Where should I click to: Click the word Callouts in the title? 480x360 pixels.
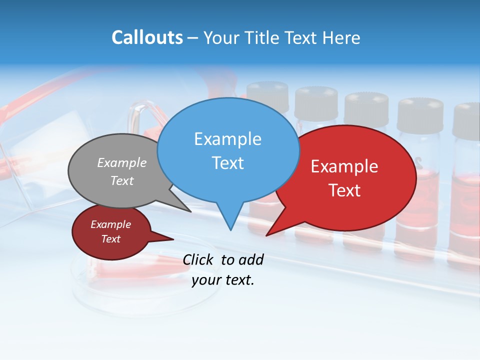(147, 37)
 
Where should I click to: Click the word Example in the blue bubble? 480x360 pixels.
(227, 139)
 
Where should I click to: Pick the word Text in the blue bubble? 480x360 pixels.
(227, 163)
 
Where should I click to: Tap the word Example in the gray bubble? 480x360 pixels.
(122, 163)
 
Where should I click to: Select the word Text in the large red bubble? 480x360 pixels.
(344, 190)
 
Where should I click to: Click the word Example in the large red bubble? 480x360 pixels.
(344, 166)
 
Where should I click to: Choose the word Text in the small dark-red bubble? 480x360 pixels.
(111, 239)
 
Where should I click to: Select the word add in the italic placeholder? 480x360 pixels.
(250, 259)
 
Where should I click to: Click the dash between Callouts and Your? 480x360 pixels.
(193, 38)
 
